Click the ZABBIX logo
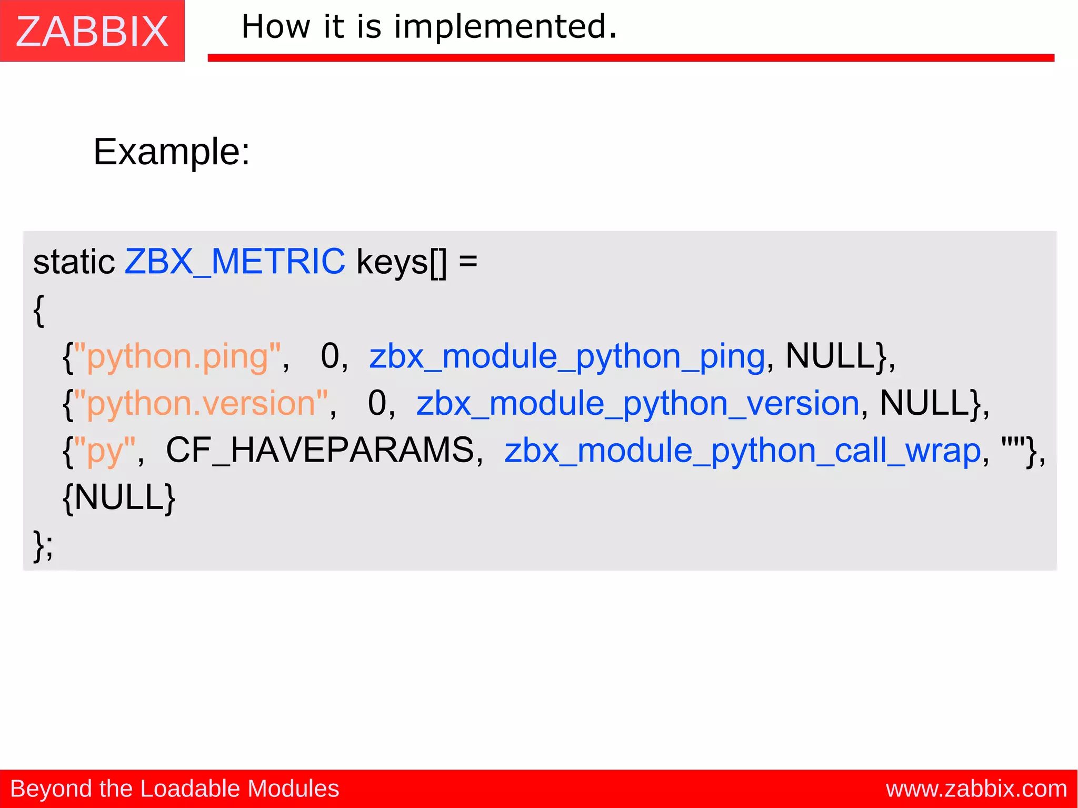(x=92, y=32)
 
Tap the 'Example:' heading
(x=172, y=152)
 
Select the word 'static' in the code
(x=74, y=262)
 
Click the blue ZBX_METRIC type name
(x=235, y=262)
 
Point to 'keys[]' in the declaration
(x=401, y=262)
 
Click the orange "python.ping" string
(x=177, y=357)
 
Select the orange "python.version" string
(x=201, y=404)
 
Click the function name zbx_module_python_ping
(x=567, y=357)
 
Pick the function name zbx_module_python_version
(x=637, y=404)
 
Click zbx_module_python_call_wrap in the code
(x=743, y=451)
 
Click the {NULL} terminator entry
(x=119, y=497)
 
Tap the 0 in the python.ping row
(x=330, y=356)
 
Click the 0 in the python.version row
(x=377, y=404)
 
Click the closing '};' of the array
(x=43, y=545)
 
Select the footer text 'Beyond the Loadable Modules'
(x=175, y=789)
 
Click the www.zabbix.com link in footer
(x=976, y=789)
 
